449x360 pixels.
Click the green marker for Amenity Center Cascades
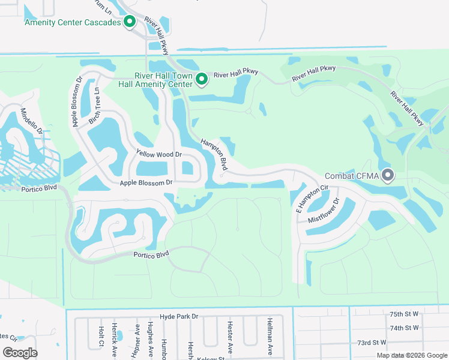click(129, 22)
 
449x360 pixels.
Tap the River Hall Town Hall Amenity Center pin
click(202, 79)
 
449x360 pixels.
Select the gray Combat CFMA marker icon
click(388, 176)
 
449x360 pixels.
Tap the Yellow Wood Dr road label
click(158, 154)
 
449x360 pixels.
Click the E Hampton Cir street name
click(313, 199)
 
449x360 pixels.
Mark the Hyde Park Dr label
click(178, 316)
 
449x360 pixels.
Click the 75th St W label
click(404, 314)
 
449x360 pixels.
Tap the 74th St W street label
click(404, 328)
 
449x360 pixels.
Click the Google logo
click(20, 353)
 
